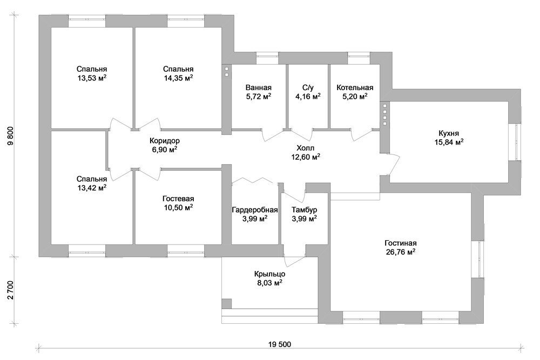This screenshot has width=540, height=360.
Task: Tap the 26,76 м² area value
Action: [x=400, y=252]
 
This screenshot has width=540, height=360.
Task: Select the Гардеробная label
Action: [x=255, y=209]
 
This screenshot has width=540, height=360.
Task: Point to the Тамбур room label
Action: [x=304, y=209]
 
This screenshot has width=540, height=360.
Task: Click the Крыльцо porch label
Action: [x=270, y=274]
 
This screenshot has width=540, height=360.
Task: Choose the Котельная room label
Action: [x=354, y=87]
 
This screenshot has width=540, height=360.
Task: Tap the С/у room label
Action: [x=308, y=87]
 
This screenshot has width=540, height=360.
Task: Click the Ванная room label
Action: [x=258, y=87]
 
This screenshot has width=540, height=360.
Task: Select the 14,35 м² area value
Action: [x=178, y=78]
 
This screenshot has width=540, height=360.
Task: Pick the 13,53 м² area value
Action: [x=92, y=78]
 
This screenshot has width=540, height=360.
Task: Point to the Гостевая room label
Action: [x=178, y=198]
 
